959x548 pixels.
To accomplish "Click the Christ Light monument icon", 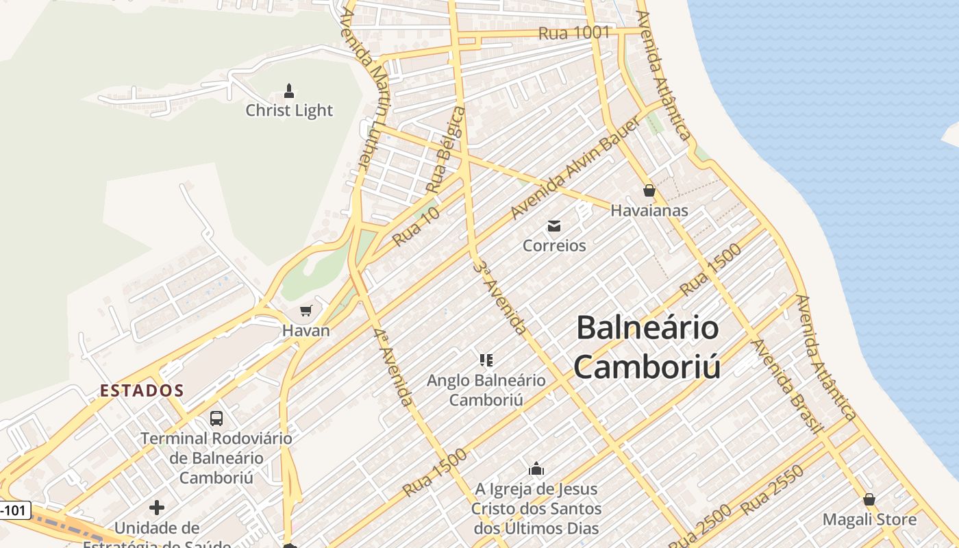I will pos(289,91).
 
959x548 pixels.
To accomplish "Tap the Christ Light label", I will pos(289,110).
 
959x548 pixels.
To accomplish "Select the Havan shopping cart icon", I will pos(306,311).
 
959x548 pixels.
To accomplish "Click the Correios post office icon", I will pos(554,226).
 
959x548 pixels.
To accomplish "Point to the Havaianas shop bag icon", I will pos(649,190).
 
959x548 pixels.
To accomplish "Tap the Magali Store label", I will pos(869,519).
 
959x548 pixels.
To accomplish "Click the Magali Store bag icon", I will pos(869,499).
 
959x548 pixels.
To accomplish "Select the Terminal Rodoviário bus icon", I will pos(216,418).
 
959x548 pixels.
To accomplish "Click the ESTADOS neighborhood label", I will pos(142,390).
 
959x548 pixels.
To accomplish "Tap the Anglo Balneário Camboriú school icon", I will pos(486,360).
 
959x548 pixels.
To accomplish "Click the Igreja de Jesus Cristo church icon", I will pos(536,469).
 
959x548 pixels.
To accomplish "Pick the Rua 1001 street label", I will pos(573,33).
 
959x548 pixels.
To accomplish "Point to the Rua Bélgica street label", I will pos(445,149).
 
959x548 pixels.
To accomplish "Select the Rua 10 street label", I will pos(416,227).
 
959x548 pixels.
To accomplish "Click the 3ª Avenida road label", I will pos(500,297).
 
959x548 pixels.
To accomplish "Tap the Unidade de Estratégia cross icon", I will pos(157,508).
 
